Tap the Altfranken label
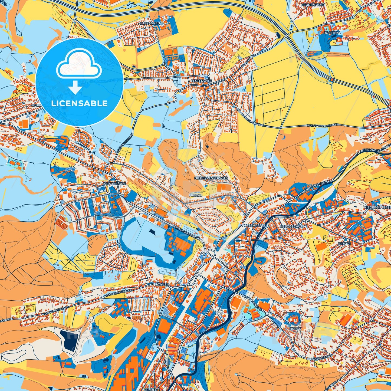[149, 24]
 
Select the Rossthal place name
[332, 33]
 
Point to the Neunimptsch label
[313, 5]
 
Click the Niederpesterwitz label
[211, 179]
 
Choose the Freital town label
[195, 195]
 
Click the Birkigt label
[344, 244]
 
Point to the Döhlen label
[162, 284]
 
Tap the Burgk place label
[295, 329]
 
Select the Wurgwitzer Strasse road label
[322, 125]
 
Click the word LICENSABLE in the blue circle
[79, 103]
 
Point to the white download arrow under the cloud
[75, 88]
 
